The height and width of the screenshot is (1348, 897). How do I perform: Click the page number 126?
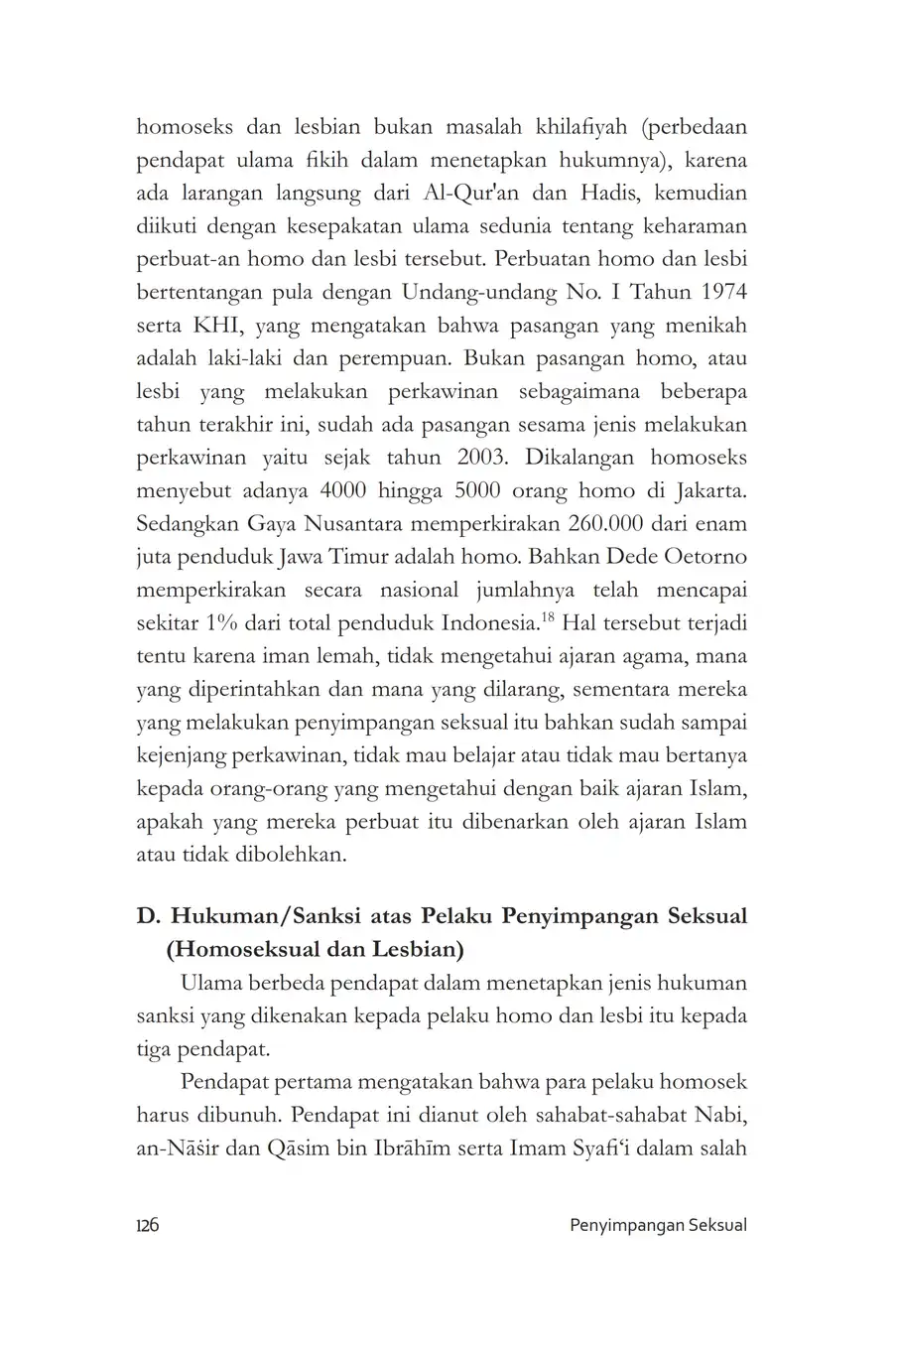[147, 1224]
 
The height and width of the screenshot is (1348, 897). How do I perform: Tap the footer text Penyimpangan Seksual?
[658, 1224]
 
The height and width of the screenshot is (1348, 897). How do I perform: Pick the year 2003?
[463, 458]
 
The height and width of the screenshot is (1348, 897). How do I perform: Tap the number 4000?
[343, 490]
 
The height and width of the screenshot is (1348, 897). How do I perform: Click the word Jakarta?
[706, 490]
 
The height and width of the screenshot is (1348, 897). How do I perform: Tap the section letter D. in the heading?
[148, 915]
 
